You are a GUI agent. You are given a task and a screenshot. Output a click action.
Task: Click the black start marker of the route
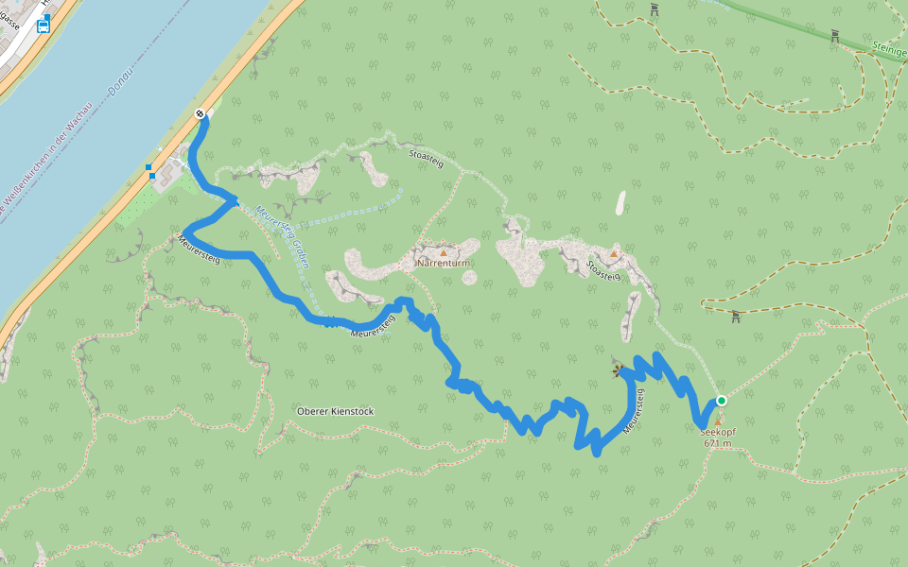pyautogui.click(x=200, y=114)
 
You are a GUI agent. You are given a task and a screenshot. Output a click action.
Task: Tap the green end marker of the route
pyautogui.click(x=721, y=401)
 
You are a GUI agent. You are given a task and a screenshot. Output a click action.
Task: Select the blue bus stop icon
pyautogui.click(x=43, y=26)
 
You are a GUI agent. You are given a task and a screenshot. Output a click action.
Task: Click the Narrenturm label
pyautogui.click(x=444, y=264)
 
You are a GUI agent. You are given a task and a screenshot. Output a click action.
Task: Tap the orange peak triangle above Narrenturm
pyautogui.click(x=443, y=252)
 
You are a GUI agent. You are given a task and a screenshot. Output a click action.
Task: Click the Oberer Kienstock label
pyautogui.click(x=335, y=411)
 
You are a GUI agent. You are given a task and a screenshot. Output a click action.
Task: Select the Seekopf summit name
pyautogui.click(x=718, y=432)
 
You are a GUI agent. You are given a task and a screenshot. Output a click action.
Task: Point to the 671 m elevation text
pyautogui.click(x=718, y=443)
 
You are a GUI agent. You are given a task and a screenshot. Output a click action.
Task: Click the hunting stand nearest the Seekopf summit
pyautogui.click(x=736, y=317)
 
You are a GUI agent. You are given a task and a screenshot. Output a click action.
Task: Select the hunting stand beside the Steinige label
pyautogui.click(x=835, y=36)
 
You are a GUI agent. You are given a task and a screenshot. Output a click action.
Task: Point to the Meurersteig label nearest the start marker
pyautogui.click(x=199, y=248)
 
